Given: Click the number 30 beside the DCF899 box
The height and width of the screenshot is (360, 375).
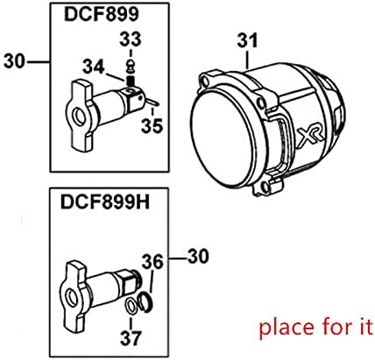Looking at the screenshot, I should [15, 60].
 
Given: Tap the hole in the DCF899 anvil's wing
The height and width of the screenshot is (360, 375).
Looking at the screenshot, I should [74, 105].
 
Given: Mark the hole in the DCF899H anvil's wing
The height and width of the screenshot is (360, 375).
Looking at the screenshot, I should [72, 285].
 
